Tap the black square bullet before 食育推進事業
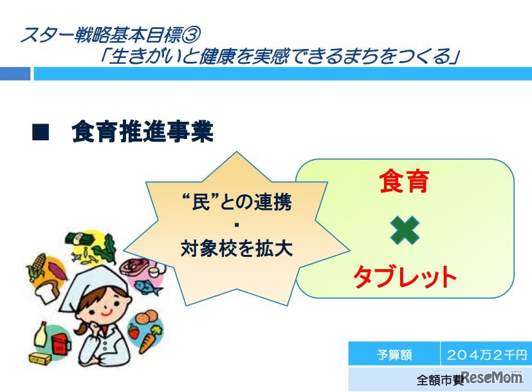tap(41, 132)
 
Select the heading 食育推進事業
tap(143, 132)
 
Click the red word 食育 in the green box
tap(405, 181)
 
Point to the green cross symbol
tap(405, 230)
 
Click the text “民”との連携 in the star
tap(237, 202)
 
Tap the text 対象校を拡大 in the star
tap(237, 248)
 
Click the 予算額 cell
tap(394, 354)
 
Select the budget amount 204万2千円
tap(487, 354)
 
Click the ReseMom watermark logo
tap(491, 377)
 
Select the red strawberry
tap(133, 331)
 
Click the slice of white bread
tap(49, 292)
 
